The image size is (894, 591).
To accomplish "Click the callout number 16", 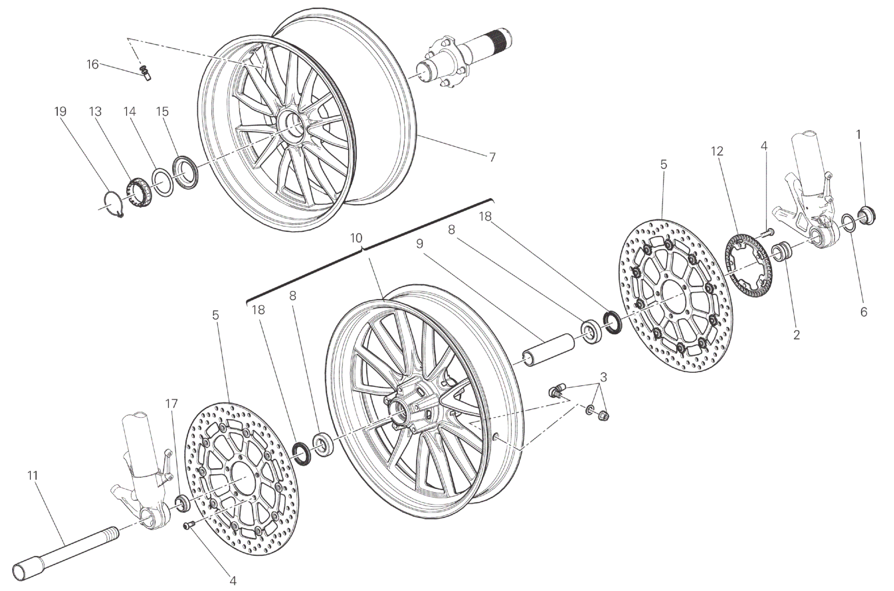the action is pyautogui.click(x=93, y=64).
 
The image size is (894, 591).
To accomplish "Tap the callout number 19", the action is pyautogui.click(x=60, y=111).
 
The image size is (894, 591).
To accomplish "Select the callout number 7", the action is pyautogui.click(x=492, y=157).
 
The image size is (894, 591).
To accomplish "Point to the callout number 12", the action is pyautogui.click(x=717, y=151).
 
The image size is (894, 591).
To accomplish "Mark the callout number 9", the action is pyautogui.click(x=419, y=244).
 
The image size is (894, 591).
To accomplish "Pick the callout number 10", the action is pyautogui.click(x=356, y=238).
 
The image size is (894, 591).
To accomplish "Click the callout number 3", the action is pyautogui.click(x=603, y=377).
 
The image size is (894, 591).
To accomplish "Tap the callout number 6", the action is pyautogui.click(x=864, y=312).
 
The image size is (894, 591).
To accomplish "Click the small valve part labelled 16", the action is pyautogui.click(x=145, y=73).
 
